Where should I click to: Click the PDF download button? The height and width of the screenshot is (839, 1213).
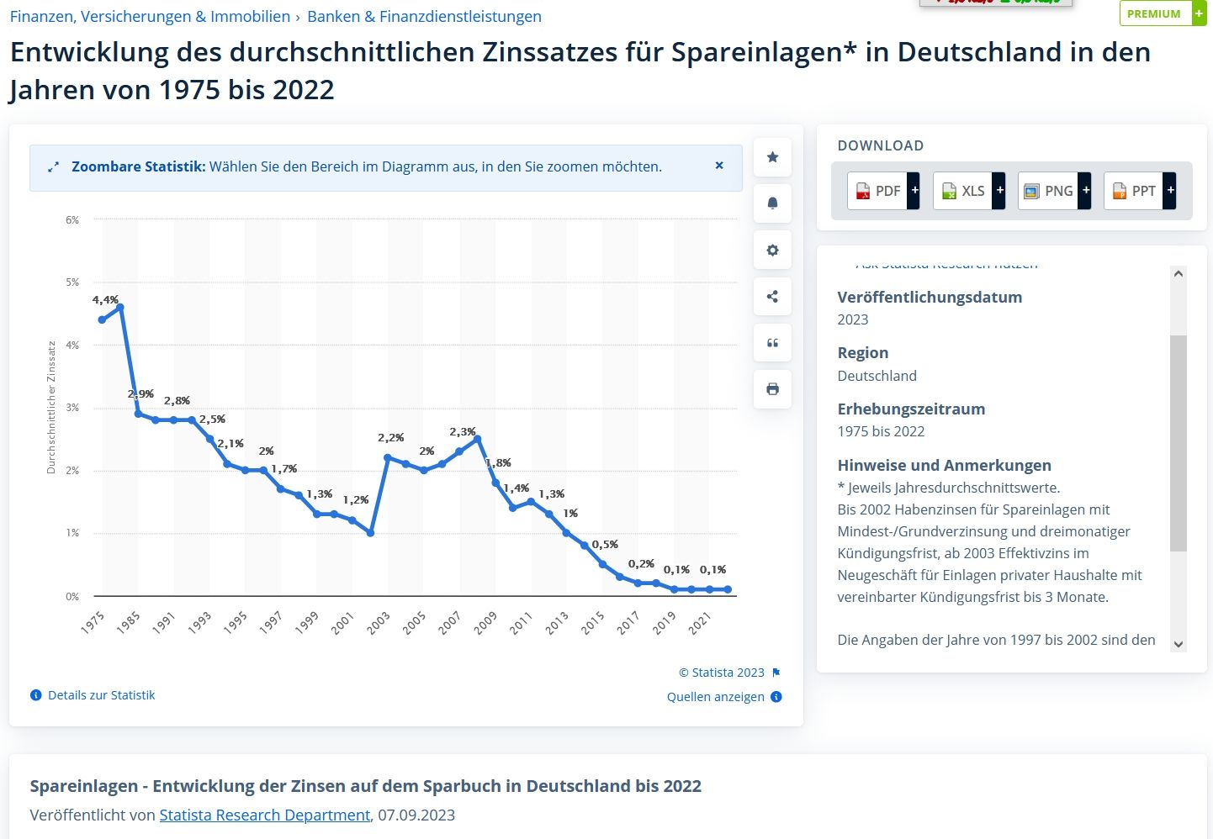(x=878, y=191)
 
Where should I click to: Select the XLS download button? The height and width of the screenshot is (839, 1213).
(x=964, y=191)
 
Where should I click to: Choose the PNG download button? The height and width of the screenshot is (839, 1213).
(x=1049, y=191)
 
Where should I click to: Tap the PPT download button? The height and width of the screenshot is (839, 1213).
(x=1135, y=191)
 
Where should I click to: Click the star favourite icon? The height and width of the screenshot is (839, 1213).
(x=772, y=157)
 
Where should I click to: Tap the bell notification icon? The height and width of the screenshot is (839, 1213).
(x=772, y=203)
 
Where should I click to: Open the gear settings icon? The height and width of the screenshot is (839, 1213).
(x=772, y=250)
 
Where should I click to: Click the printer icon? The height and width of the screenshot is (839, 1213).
(x=772, y=389)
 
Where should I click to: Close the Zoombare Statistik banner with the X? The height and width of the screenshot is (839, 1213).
(x=719, y=166)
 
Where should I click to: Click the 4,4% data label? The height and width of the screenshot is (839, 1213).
(x=105, y=300)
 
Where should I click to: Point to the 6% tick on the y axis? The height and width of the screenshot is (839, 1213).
(x=72, y=220)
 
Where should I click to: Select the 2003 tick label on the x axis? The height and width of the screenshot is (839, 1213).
(x=378, y=623)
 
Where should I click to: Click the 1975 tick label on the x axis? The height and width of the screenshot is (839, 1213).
(x=93, y=623)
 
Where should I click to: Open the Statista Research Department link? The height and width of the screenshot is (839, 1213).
(x=265, y=815)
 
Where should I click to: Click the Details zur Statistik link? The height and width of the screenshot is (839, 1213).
(x=101, y=695)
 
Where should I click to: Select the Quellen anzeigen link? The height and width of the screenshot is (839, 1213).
(x=716, y=697)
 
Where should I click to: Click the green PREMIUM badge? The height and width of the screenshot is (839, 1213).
(x=1154, y=13)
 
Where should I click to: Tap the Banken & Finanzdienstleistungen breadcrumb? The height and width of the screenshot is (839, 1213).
(x=424, y=16)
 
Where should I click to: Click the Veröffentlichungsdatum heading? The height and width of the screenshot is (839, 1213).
(x=930, y=297)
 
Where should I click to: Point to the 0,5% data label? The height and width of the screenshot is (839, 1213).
(x=605, y=545)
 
